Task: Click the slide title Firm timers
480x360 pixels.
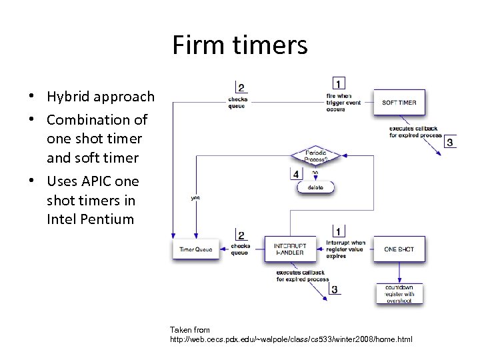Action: coord(240,45)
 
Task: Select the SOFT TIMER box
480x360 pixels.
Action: coord(399,103)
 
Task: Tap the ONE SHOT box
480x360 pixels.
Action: coord(399,249)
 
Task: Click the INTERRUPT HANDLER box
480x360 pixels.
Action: coord(289,249)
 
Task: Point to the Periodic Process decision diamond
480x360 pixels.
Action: coord(315,155)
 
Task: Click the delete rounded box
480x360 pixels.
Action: coord(315,187)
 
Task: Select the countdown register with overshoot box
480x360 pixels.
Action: coord(399,293)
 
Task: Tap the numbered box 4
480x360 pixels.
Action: coord(296,174)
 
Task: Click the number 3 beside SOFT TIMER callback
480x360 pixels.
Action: coord(451,142)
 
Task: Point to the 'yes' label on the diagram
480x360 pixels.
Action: coord(195,197)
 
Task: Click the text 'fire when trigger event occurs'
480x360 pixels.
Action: coord(344,103)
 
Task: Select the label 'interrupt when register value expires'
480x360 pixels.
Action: coord(345,249)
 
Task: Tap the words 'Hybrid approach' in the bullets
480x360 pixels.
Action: coord(100,97)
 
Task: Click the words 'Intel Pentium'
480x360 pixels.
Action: coord(90,219)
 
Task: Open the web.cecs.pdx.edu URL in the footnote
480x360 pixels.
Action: coord(291,339)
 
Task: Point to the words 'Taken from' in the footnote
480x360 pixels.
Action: coord(189,329)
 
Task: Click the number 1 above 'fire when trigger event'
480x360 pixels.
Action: coord(339,84)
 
